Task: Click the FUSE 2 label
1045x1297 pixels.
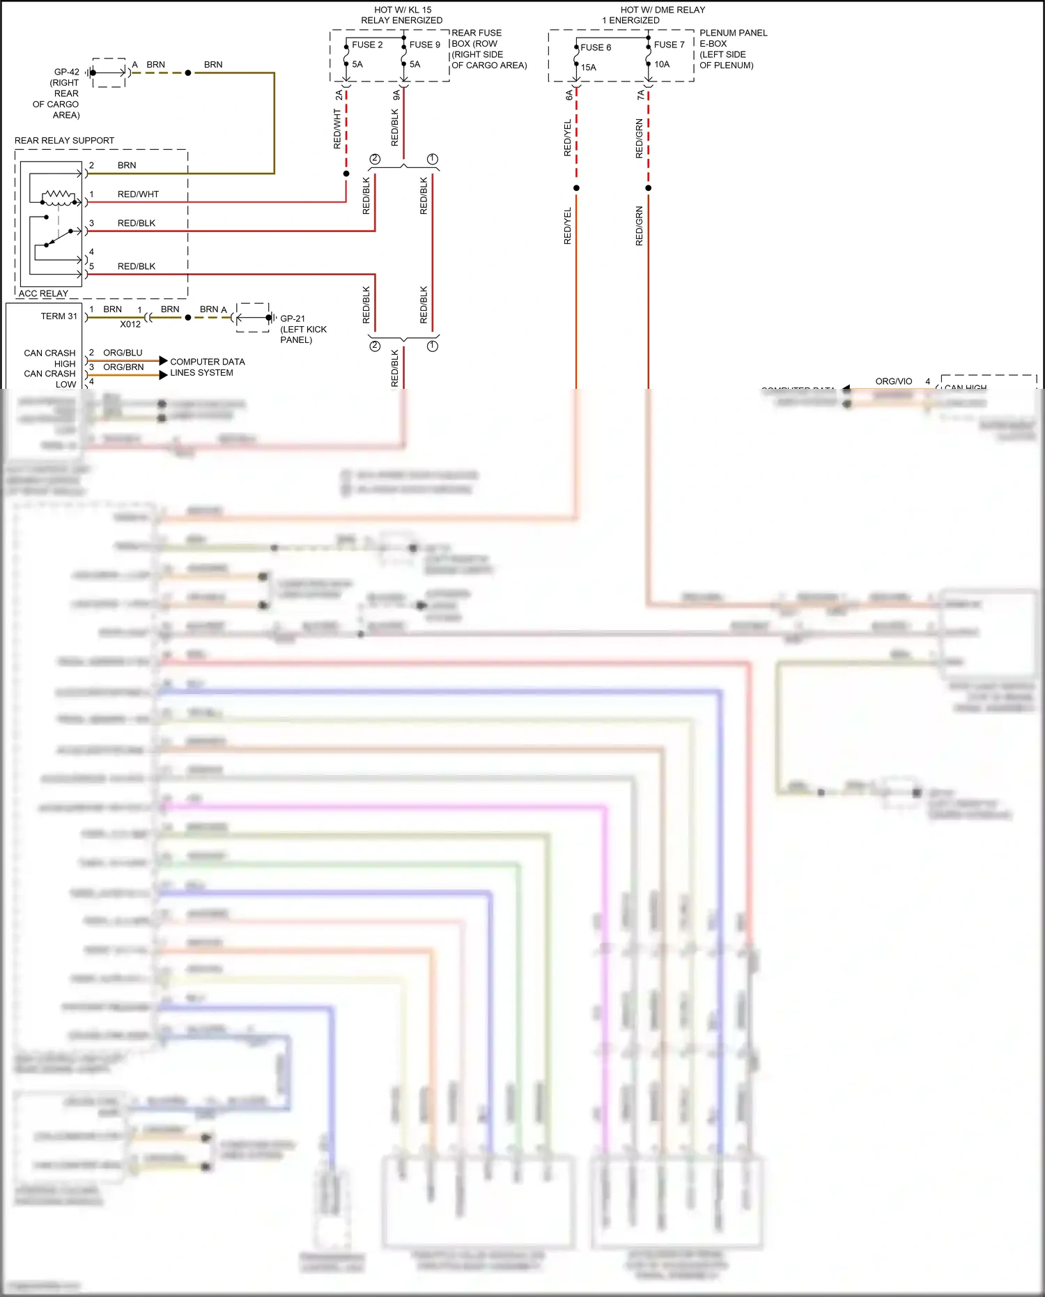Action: (x=367, y=45)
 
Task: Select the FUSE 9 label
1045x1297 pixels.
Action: (x=424, y=45)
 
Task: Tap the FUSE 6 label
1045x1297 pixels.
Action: (x=596, y=47)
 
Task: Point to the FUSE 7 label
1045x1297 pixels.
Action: (x=669, y=45)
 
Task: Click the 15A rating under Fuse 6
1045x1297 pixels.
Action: (x=589, y=68)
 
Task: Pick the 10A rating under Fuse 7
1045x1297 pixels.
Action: (x=662, y=64)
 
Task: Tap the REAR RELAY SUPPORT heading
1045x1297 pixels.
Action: (x=64, y=141)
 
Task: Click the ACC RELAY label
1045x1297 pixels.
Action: (x=43, y=293)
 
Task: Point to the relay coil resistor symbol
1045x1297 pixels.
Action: (x=59, y=194)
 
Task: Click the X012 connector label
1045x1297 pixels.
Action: (x=130, y=324)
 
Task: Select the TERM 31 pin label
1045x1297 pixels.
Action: (x=59, y=316)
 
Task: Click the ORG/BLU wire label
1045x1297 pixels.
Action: (x=123, y=353)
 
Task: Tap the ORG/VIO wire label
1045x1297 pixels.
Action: (x=893, y=381)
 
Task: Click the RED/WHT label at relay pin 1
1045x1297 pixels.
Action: (x=138, y=194)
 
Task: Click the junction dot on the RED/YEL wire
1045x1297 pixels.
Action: (x=576, y=188)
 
